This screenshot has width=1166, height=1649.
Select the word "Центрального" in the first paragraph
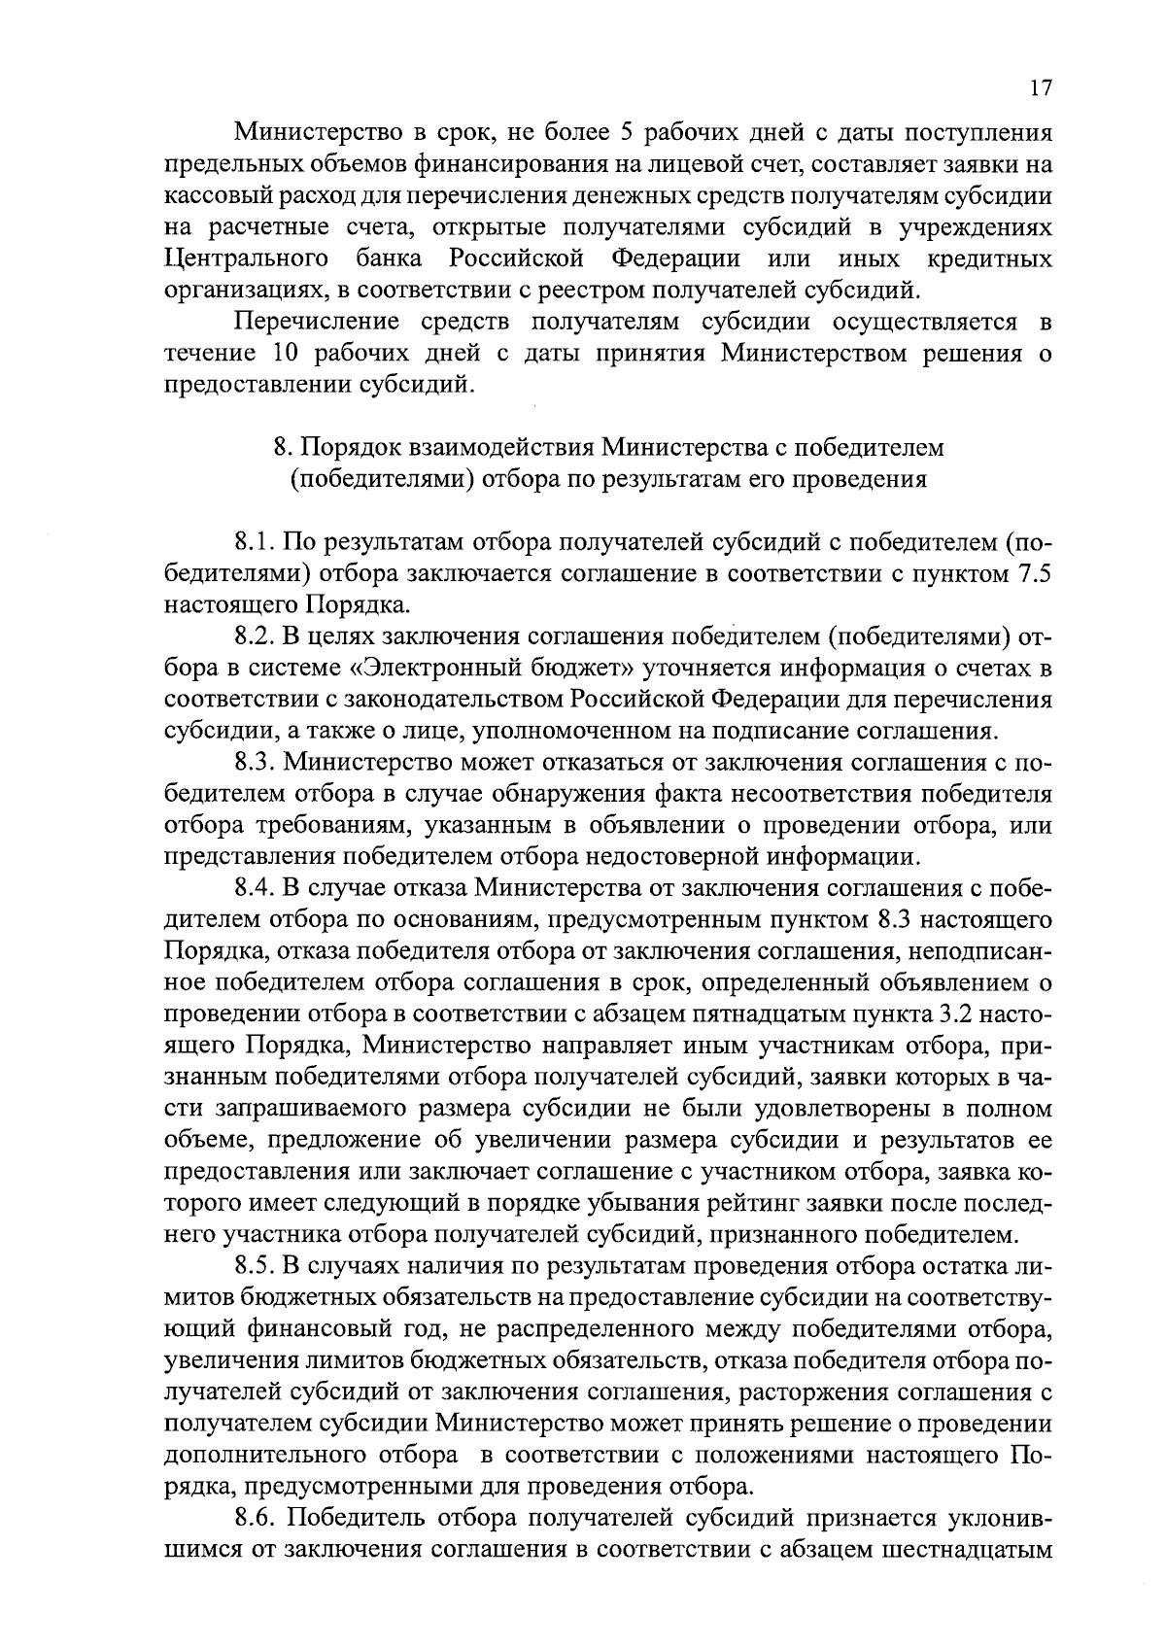[x=244, y=260]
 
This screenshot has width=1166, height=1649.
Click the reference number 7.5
[x=1033, y=573]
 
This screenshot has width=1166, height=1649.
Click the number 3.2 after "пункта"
[x=960, y=1014]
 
